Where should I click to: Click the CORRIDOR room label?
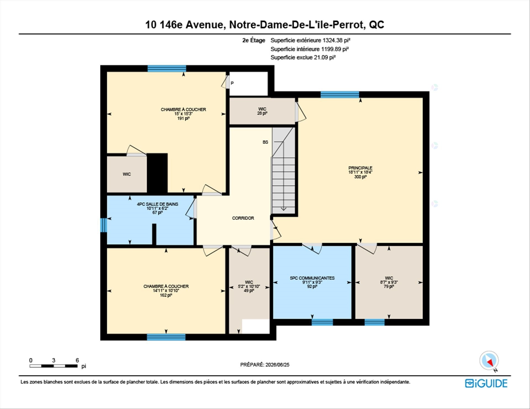(x=243, y=218)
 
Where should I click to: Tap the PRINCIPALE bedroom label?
(x=360, y=168)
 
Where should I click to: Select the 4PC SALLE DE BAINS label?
(x=158, y=204)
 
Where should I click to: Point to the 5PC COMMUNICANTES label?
(x=312, y=278)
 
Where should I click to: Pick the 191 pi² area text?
(x=183, y=118)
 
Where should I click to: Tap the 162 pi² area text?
(x=166, y=295)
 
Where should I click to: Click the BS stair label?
(x=265, y=142)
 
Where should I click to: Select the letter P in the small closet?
(x=232, y=83)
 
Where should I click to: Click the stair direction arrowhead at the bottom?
(x=283, y=209)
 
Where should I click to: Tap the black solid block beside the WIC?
(x=157, y=173)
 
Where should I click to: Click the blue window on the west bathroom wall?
(x=104, y=225)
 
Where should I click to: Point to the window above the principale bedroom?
(x=340, y=95)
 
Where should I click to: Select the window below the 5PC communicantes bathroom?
(x=322, y=322)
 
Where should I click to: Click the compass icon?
(x=489, y=361)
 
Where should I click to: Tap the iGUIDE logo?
(x=486, y=383)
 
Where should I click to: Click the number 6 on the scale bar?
(x=77, y=360)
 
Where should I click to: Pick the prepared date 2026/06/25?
(x=277, y=365)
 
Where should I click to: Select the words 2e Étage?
(x=254, y=40)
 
